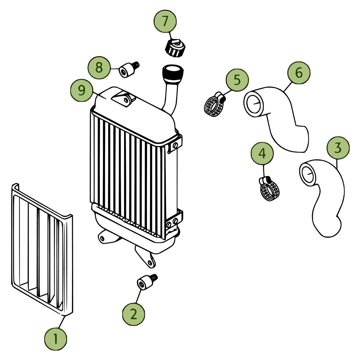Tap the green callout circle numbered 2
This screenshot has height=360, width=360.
[133, 313]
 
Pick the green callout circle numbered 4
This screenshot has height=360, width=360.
[262, 154]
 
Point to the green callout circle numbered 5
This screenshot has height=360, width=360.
[237, 80]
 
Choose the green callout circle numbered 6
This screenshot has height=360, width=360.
[299, 73]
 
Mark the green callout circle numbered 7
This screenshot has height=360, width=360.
[165, 21]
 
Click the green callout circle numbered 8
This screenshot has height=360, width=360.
[99, 68]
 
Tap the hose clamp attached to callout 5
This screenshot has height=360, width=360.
[215, 105]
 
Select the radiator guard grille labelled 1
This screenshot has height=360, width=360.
[40, 250]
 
